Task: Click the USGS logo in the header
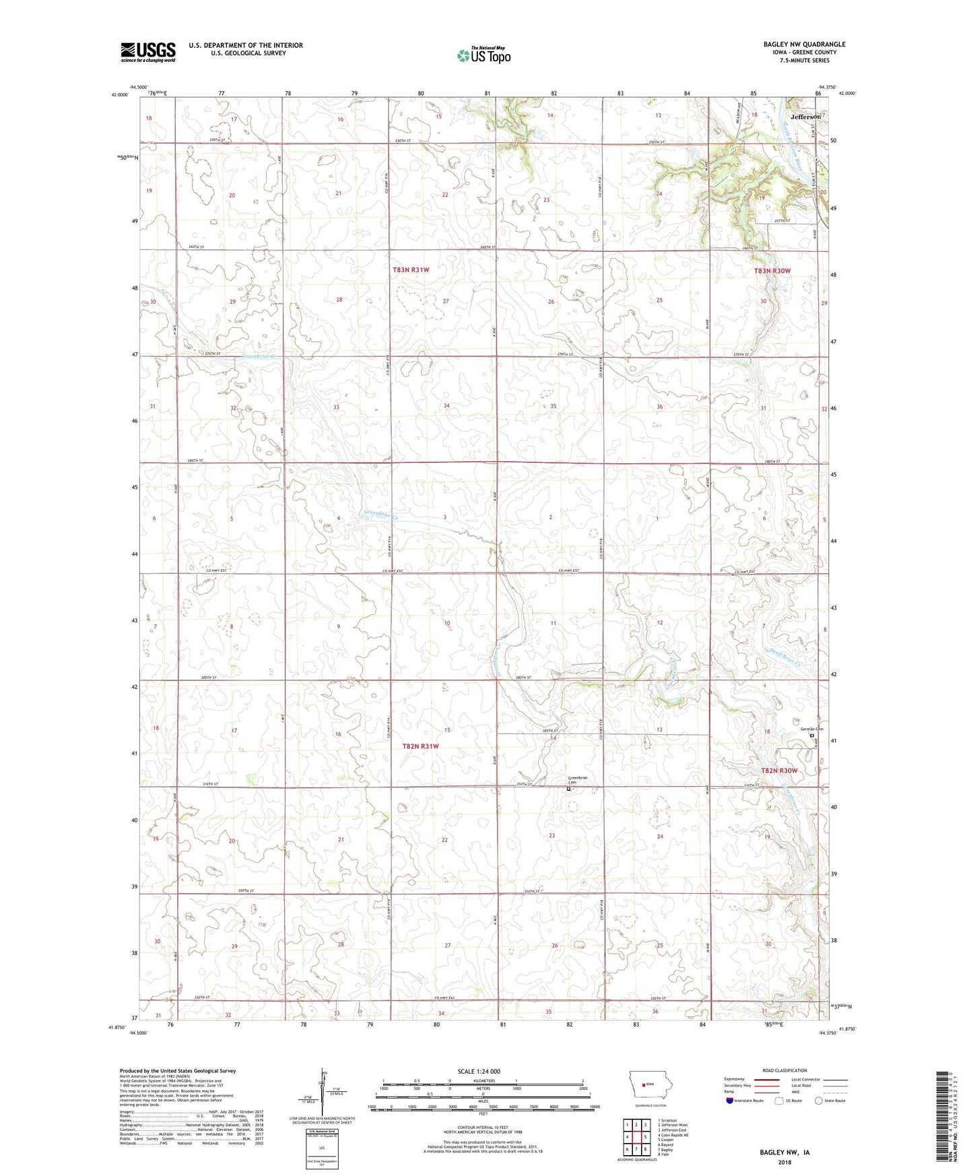(148, 51)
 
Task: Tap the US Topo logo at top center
(483, 55)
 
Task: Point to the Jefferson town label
(805, 117)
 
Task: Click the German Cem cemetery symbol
(811, 736)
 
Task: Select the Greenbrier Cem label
(578, 780)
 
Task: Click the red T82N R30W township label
(779, 771)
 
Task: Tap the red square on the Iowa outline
(643, 1084)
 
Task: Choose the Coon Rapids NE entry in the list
(674, 1135)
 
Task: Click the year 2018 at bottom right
(784, 1162)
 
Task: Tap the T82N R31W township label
(420, 746)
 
